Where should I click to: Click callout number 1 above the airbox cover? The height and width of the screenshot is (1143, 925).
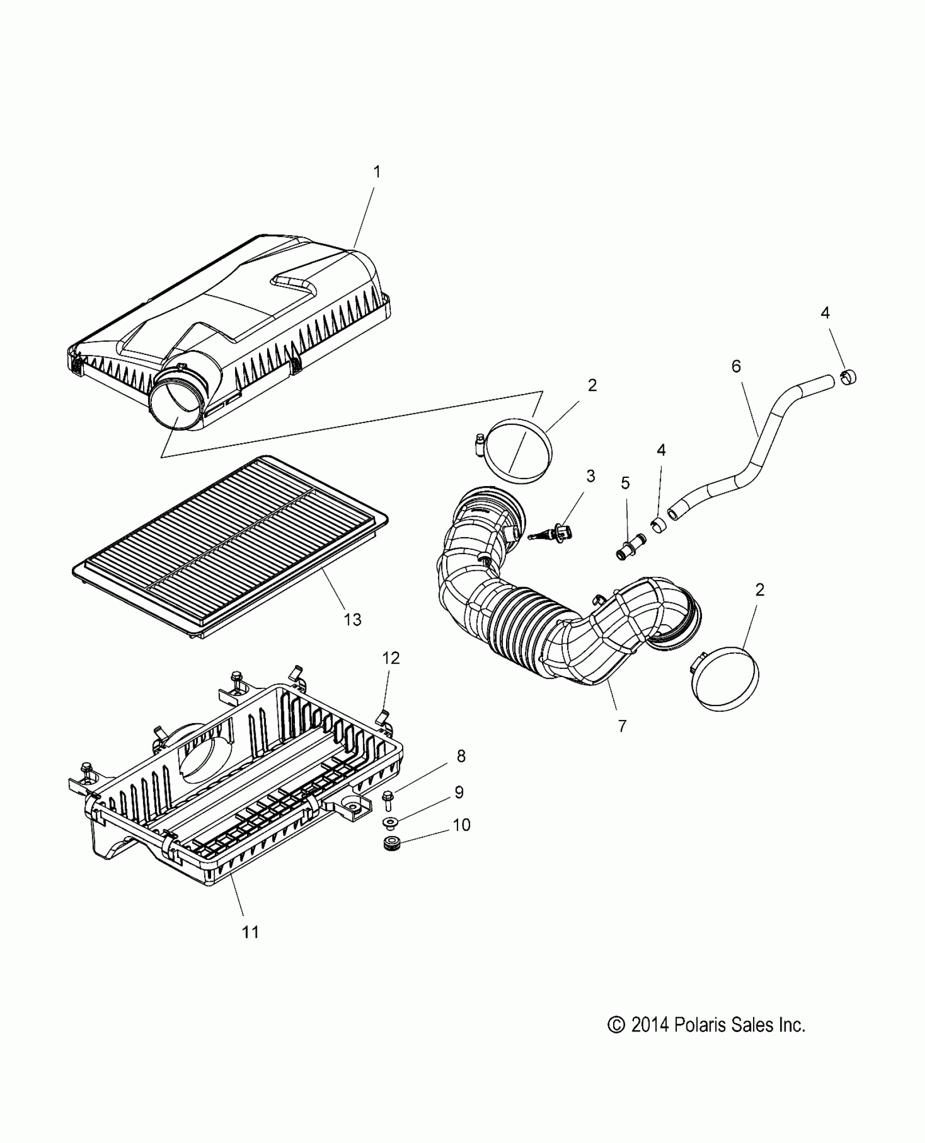click(x=377, y=173)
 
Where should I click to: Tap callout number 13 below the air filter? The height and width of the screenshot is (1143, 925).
click(x=353, y=619)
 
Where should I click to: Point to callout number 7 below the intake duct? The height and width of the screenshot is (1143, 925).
click(x=622, y=726)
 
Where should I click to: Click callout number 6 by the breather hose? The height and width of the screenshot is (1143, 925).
click(x=736, y=367)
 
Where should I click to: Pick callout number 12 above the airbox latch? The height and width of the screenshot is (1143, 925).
click(x=391, y=658)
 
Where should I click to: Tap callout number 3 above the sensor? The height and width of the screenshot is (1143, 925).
click(x=590, y=476)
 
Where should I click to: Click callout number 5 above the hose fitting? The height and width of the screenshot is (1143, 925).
click(x=625, y=483)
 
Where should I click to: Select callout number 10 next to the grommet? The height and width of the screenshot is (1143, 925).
click(x=461, y=825)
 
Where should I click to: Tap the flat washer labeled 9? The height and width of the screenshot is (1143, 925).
click(x=391, y=821)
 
